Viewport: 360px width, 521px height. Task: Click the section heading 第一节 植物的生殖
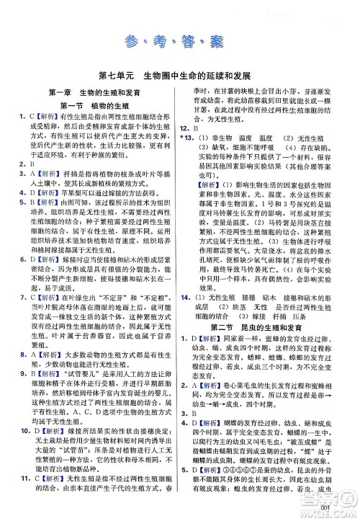pyautogui.click(x=94, y=106)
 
